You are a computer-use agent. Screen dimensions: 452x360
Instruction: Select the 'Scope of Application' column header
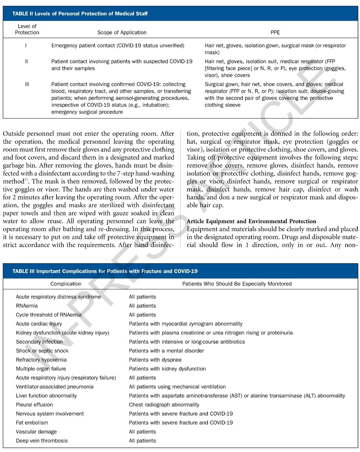(122, 32)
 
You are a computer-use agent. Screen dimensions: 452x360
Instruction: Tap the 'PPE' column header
(275, 32)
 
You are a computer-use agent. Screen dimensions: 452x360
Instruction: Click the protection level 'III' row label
(27, 84)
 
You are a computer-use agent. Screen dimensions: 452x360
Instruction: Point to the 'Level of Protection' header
(27, 29)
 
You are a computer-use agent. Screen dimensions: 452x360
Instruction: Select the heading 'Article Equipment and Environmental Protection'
(251, 221)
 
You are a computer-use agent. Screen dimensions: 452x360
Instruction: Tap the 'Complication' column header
(66, 284)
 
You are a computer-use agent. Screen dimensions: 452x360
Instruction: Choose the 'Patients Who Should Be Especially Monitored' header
(237, 284)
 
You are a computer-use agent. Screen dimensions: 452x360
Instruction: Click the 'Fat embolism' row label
(32, 423)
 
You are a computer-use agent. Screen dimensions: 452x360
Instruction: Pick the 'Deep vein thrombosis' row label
(42, 441)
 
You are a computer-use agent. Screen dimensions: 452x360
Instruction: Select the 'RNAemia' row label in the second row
(27, 306)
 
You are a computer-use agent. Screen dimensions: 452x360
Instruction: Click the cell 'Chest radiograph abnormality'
(164, 405)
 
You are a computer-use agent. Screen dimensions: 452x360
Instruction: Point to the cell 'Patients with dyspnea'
(155, 360)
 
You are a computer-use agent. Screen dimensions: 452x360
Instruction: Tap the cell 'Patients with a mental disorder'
(166, 351)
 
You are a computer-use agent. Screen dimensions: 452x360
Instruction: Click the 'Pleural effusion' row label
(34, 405)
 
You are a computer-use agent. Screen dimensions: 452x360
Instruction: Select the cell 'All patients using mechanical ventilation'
(177, 387)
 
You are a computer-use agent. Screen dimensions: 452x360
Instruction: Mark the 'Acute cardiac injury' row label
(39, 324)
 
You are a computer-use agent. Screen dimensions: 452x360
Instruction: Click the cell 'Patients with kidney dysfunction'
(167, 369)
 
